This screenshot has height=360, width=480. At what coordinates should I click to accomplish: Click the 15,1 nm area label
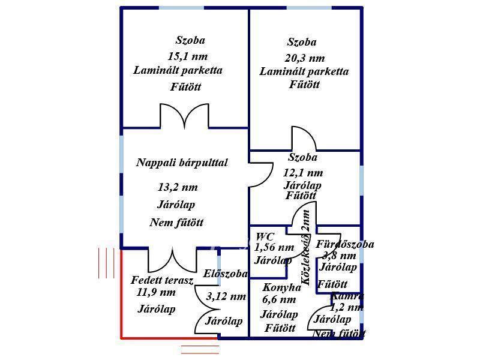point(188,56)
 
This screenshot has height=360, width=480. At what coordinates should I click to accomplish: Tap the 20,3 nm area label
point(304,58)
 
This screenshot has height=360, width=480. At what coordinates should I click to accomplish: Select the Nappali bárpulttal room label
point(182,163)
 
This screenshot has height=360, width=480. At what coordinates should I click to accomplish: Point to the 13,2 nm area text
point(177,187)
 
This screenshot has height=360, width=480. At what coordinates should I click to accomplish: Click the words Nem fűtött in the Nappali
point(176,223)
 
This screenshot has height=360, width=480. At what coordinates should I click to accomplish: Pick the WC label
point(265,236)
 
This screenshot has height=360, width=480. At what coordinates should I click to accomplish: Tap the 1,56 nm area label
point(274,247)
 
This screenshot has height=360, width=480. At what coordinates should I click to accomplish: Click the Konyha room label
point(281,287)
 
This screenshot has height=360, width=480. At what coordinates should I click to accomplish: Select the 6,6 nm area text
point(279,300)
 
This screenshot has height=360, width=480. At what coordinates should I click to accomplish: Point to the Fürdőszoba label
point(344,244)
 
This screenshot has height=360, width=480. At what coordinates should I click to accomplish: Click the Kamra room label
point(347,296)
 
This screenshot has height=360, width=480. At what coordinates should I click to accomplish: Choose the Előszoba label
point(225,274)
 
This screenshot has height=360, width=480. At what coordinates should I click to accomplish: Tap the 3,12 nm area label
point(226,296)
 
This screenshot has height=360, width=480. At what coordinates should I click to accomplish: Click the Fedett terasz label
point(162,280)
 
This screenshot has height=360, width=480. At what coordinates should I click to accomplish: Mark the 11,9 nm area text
point(156,293)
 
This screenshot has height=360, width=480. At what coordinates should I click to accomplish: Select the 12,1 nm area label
point(303,173)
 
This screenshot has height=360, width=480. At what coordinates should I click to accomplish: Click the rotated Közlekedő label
point(306,247)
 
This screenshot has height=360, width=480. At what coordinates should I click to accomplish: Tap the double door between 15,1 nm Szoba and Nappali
point(185,116)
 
